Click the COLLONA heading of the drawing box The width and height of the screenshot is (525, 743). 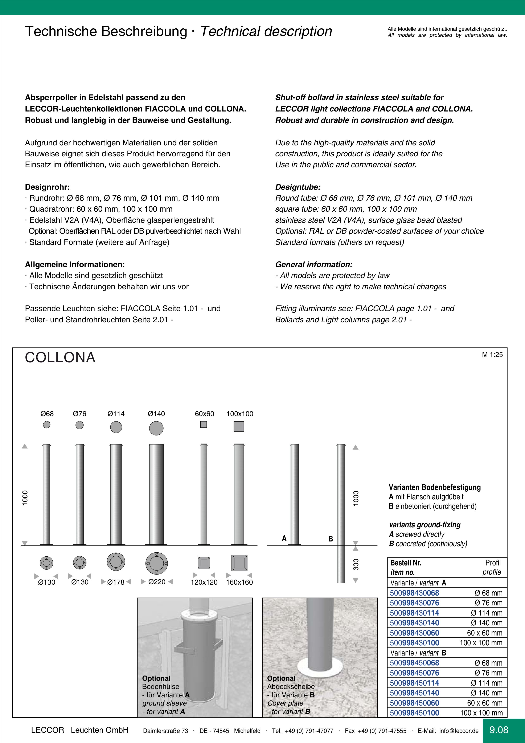click(x=60, y=358)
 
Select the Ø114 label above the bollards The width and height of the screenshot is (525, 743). click(x=116, y=414)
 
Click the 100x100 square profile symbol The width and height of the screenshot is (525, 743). click(x=239, y=427)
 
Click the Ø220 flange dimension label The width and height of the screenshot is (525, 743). click(x=157, y=582)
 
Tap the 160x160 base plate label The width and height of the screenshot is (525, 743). click(x=239, y=582)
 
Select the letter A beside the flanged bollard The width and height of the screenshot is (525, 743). click(x=284, y=539)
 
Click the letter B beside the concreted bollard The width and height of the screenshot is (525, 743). click(x=330, y=539)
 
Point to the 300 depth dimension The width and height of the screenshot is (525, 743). click(x=356, y=564)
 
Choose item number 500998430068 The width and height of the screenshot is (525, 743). click(x=414, y=593)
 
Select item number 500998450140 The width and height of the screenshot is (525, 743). click(x=414, y=693)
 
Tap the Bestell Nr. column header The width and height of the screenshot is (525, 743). click(x=406, y=563)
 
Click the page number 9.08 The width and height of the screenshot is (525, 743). click(x=499, y=730)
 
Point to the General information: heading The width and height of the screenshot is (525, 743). click(x=313, y=264)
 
